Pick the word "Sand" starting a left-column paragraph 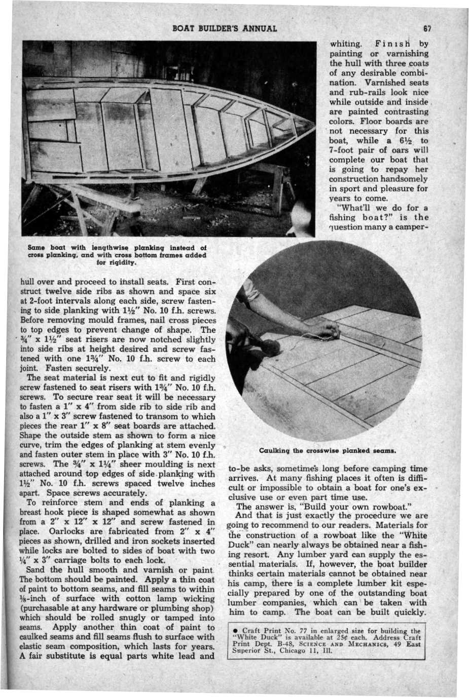pyautogui.click(x=36, y=569)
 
